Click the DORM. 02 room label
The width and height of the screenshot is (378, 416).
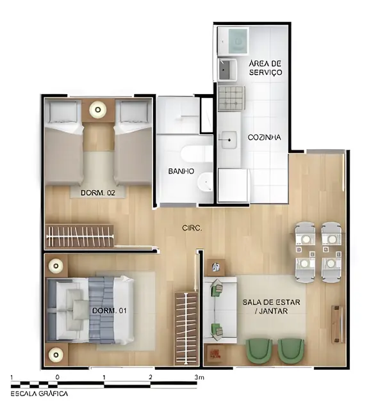97,193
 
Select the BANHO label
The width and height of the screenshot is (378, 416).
181,172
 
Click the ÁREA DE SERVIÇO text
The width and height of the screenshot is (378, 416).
265,68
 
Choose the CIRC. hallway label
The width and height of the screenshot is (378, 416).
192,228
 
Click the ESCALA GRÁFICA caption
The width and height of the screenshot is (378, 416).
39,394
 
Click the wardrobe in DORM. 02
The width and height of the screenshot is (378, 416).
79,236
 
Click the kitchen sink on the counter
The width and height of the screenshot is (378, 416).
227,137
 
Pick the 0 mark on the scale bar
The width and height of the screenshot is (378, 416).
58,377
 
